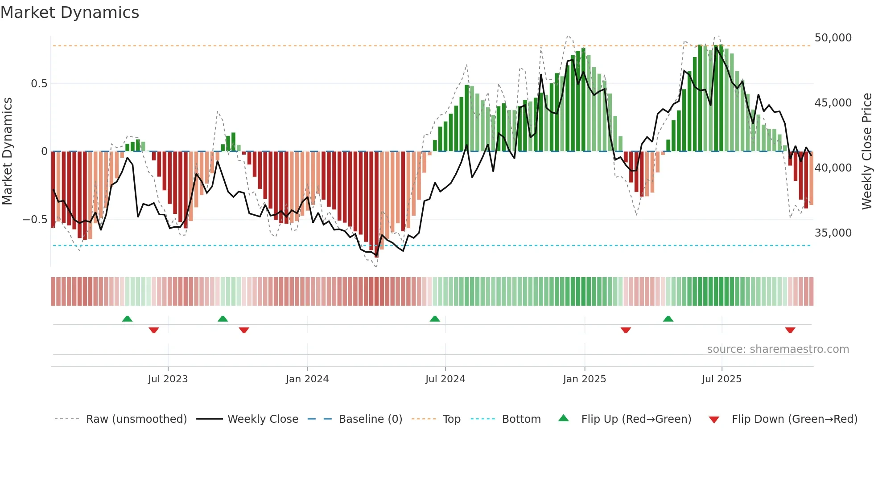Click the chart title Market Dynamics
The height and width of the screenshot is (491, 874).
point(70,12)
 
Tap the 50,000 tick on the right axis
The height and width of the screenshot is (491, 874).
point(833,38)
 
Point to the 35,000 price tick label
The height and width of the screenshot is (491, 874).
point(833,233)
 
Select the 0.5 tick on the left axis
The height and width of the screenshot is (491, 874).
point(39,84)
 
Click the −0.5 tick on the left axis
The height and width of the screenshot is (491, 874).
point(35,220)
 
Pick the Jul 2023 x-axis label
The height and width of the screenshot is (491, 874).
point(168,379)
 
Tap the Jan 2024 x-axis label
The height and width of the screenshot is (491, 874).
point(307,379)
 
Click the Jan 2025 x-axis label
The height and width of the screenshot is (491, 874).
point(584,379)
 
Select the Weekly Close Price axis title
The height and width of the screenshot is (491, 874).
point(866,151)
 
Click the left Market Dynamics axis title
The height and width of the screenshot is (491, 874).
point(7,151)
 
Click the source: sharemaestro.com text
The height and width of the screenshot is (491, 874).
point(778,349)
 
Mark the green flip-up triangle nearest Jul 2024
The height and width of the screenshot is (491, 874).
point(435,319)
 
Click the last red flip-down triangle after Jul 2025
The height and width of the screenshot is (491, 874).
point(790,330)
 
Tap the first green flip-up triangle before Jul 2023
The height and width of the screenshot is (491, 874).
point(127,319)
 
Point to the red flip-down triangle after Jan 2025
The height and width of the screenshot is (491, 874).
point(626,330)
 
